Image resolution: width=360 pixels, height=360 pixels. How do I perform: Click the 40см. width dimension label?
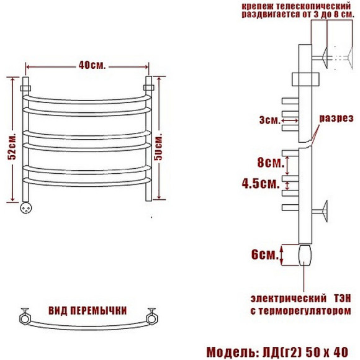tap(92, 66)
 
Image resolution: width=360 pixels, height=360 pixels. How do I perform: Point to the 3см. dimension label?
tap(270, 120)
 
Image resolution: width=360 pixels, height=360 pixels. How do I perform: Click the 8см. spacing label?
tap(271, 163)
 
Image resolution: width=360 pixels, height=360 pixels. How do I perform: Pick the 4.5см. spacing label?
tap(261, 184)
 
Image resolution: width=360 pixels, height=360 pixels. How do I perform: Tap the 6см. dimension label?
tap(264, 254)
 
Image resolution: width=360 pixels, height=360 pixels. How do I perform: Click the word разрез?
tap(336, 118)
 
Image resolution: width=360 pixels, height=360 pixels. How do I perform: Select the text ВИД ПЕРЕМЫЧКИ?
tap(88, 311)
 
